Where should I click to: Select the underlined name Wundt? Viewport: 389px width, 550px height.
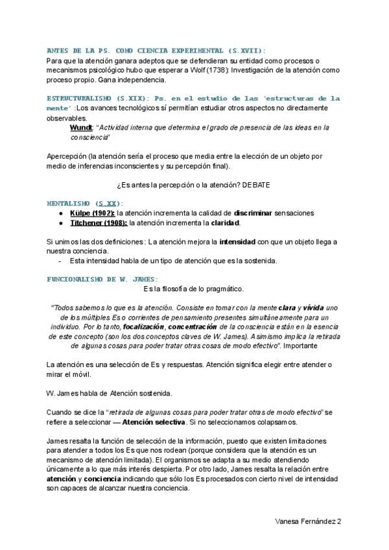(81, 128)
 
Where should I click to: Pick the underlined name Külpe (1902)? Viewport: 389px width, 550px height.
(93, 213)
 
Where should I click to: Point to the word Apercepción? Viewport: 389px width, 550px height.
(68, 156)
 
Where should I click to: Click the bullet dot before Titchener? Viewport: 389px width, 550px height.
(60, 224)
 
